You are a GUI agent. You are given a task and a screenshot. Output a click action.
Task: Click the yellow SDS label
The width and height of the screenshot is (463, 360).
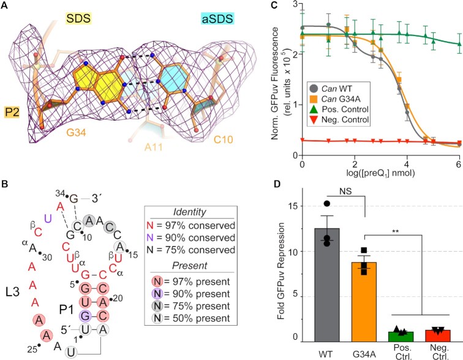(x=78, y=18)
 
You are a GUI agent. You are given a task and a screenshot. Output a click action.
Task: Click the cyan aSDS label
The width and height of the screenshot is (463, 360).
(x=217, y=18)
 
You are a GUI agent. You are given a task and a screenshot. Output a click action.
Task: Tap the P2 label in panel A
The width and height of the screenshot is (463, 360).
(x=12, y=112)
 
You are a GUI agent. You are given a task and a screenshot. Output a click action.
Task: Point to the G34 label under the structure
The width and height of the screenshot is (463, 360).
(x=76, y=132)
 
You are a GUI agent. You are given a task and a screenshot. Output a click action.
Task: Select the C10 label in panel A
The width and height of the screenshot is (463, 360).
(x=223, y=139)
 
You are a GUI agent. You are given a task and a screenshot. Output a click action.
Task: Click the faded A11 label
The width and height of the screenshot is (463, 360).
(x=154, y=147)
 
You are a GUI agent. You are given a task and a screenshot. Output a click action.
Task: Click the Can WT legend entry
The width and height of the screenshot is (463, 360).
(x=331, y=89)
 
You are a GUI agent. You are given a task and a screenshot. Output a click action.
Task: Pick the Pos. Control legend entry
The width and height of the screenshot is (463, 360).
(x=339, y=109)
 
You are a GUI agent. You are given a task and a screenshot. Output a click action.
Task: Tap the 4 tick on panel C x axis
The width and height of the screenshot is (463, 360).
(x=407, y=164)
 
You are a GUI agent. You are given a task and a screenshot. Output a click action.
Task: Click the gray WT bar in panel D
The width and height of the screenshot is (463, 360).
(x=327, y=285)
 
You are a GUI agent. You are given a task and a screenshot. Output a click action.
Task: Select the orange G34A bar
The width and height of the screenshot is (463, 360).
(x=364, y=302)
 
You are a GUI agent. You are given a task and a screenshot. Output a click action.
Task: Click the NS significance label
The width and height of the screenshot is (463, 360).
(x=345, y=191)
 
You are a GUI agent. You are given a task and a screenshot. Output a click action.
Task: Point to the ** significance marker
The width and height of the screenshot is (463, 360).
(x=396, y=231)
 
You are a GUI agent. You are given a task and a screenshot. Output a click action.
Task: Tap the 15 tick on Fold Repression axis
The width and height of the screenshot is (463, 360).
(x=295, y=206)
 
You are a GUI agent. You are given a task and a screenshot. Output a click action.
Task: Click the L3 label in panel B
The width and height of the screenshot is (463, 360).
(x=13, y=292)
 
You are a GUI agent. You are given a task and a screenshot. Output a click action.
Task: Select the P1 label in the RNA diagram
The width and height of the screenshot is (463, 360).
(x=66, y=310)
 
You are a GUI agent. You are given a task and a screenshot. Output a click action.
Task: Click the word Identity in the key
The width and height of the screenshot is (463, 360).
(x=190, y=212)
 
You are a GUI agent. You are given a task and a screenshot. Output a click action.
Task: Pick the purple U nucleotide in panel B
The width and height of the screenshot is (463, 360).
(x=48, y=219)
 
